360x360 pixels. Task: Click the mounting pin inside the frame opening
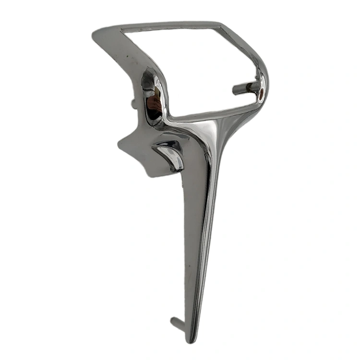[245, 88]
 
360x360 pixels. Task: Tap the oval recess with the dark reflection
[153, 98]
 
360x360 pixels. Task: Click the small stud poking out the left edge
[133, 103]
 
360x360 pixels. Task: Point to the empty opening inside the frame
[192, 67]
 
